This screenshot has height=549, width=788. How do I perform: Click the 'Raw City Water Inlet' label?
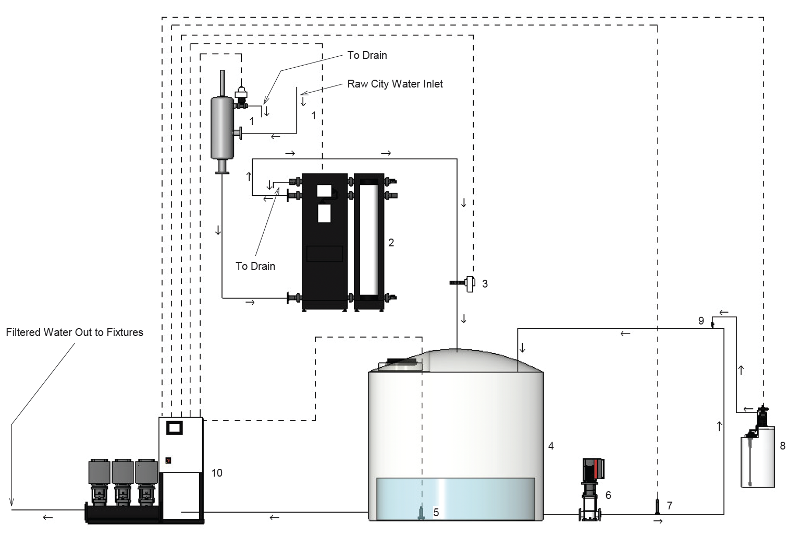(x=395, y=84)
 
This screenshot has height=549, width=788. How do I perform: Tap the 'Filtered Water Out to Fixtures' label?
(x=75, y=332)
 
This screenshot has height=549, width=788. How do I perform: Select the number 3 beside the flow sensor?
(x=485, y=284)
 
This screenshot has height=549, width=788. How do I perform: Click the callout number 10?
(x=217, y=473)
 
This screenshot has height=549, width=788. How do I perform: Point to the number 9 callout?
(x=701, y=321)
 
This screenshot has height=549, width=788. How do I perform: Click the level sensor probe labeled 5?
(x=421, y=513)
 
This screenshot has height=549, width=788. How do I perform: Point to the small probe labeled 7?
(x=658, y=506)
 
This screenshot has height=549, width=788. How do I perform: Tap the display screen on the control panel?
(x=174, y=428)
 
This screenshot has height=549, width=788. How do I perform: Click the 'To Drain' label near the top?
(x=367, y=55)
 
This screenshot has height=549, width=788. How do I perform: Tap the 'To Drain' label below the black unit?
(x=255, y=266)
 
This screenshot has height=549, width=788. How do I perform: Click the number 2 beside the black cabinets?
(x=391, y=243)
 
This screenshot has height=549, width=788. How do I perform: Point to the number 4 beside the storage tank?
(x=551, y=446)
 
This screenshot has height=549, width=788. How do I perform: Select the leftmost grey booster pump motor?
(x=100, y=471)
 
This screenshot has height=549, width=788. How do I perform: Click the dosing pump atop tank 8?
(x=762, y=416)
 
